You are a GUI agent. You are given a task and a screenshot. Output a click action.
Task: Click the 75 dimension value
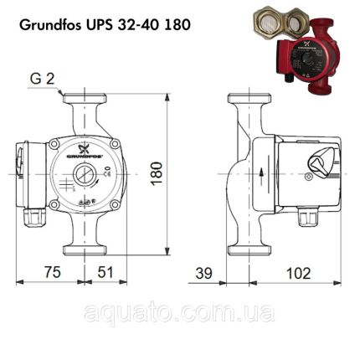pyautogui.click(x=54, y=272)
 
